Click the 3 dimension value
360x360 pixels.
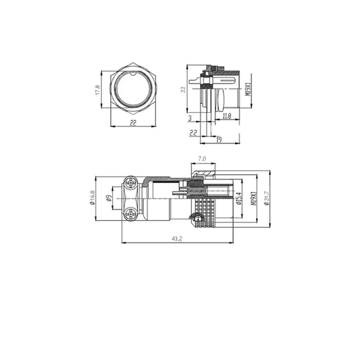[x=190, y=116]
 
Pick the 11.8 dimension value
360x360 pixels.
[x=227, y=116]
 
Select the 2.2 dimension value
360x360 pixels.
[x=193, y=133]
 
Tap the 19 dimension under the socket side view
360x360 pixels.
[x=220, y=138]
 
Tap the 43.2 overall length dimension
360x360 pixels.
[x=177, y=238]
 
